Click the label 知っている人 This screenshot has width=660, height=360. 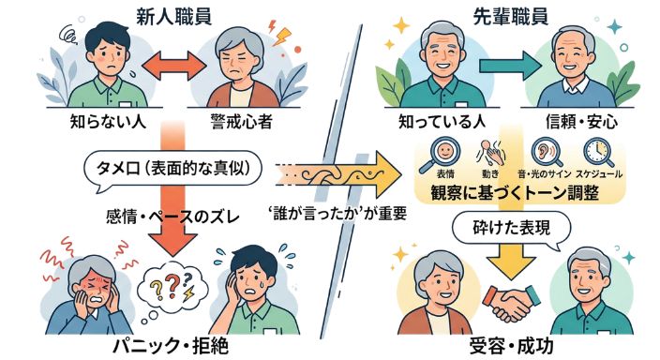(438, 122)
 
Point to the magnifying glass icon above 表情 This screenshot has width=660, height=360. (441, 151)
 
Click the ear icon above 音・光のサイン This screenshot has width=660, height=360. (542, 151)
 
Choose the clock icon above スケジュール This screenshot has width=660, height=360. (594, 151)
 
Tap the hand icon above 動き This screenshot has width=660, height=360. (489, 151)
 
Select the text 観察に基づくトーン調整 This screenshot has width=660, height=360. (517, 193)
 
